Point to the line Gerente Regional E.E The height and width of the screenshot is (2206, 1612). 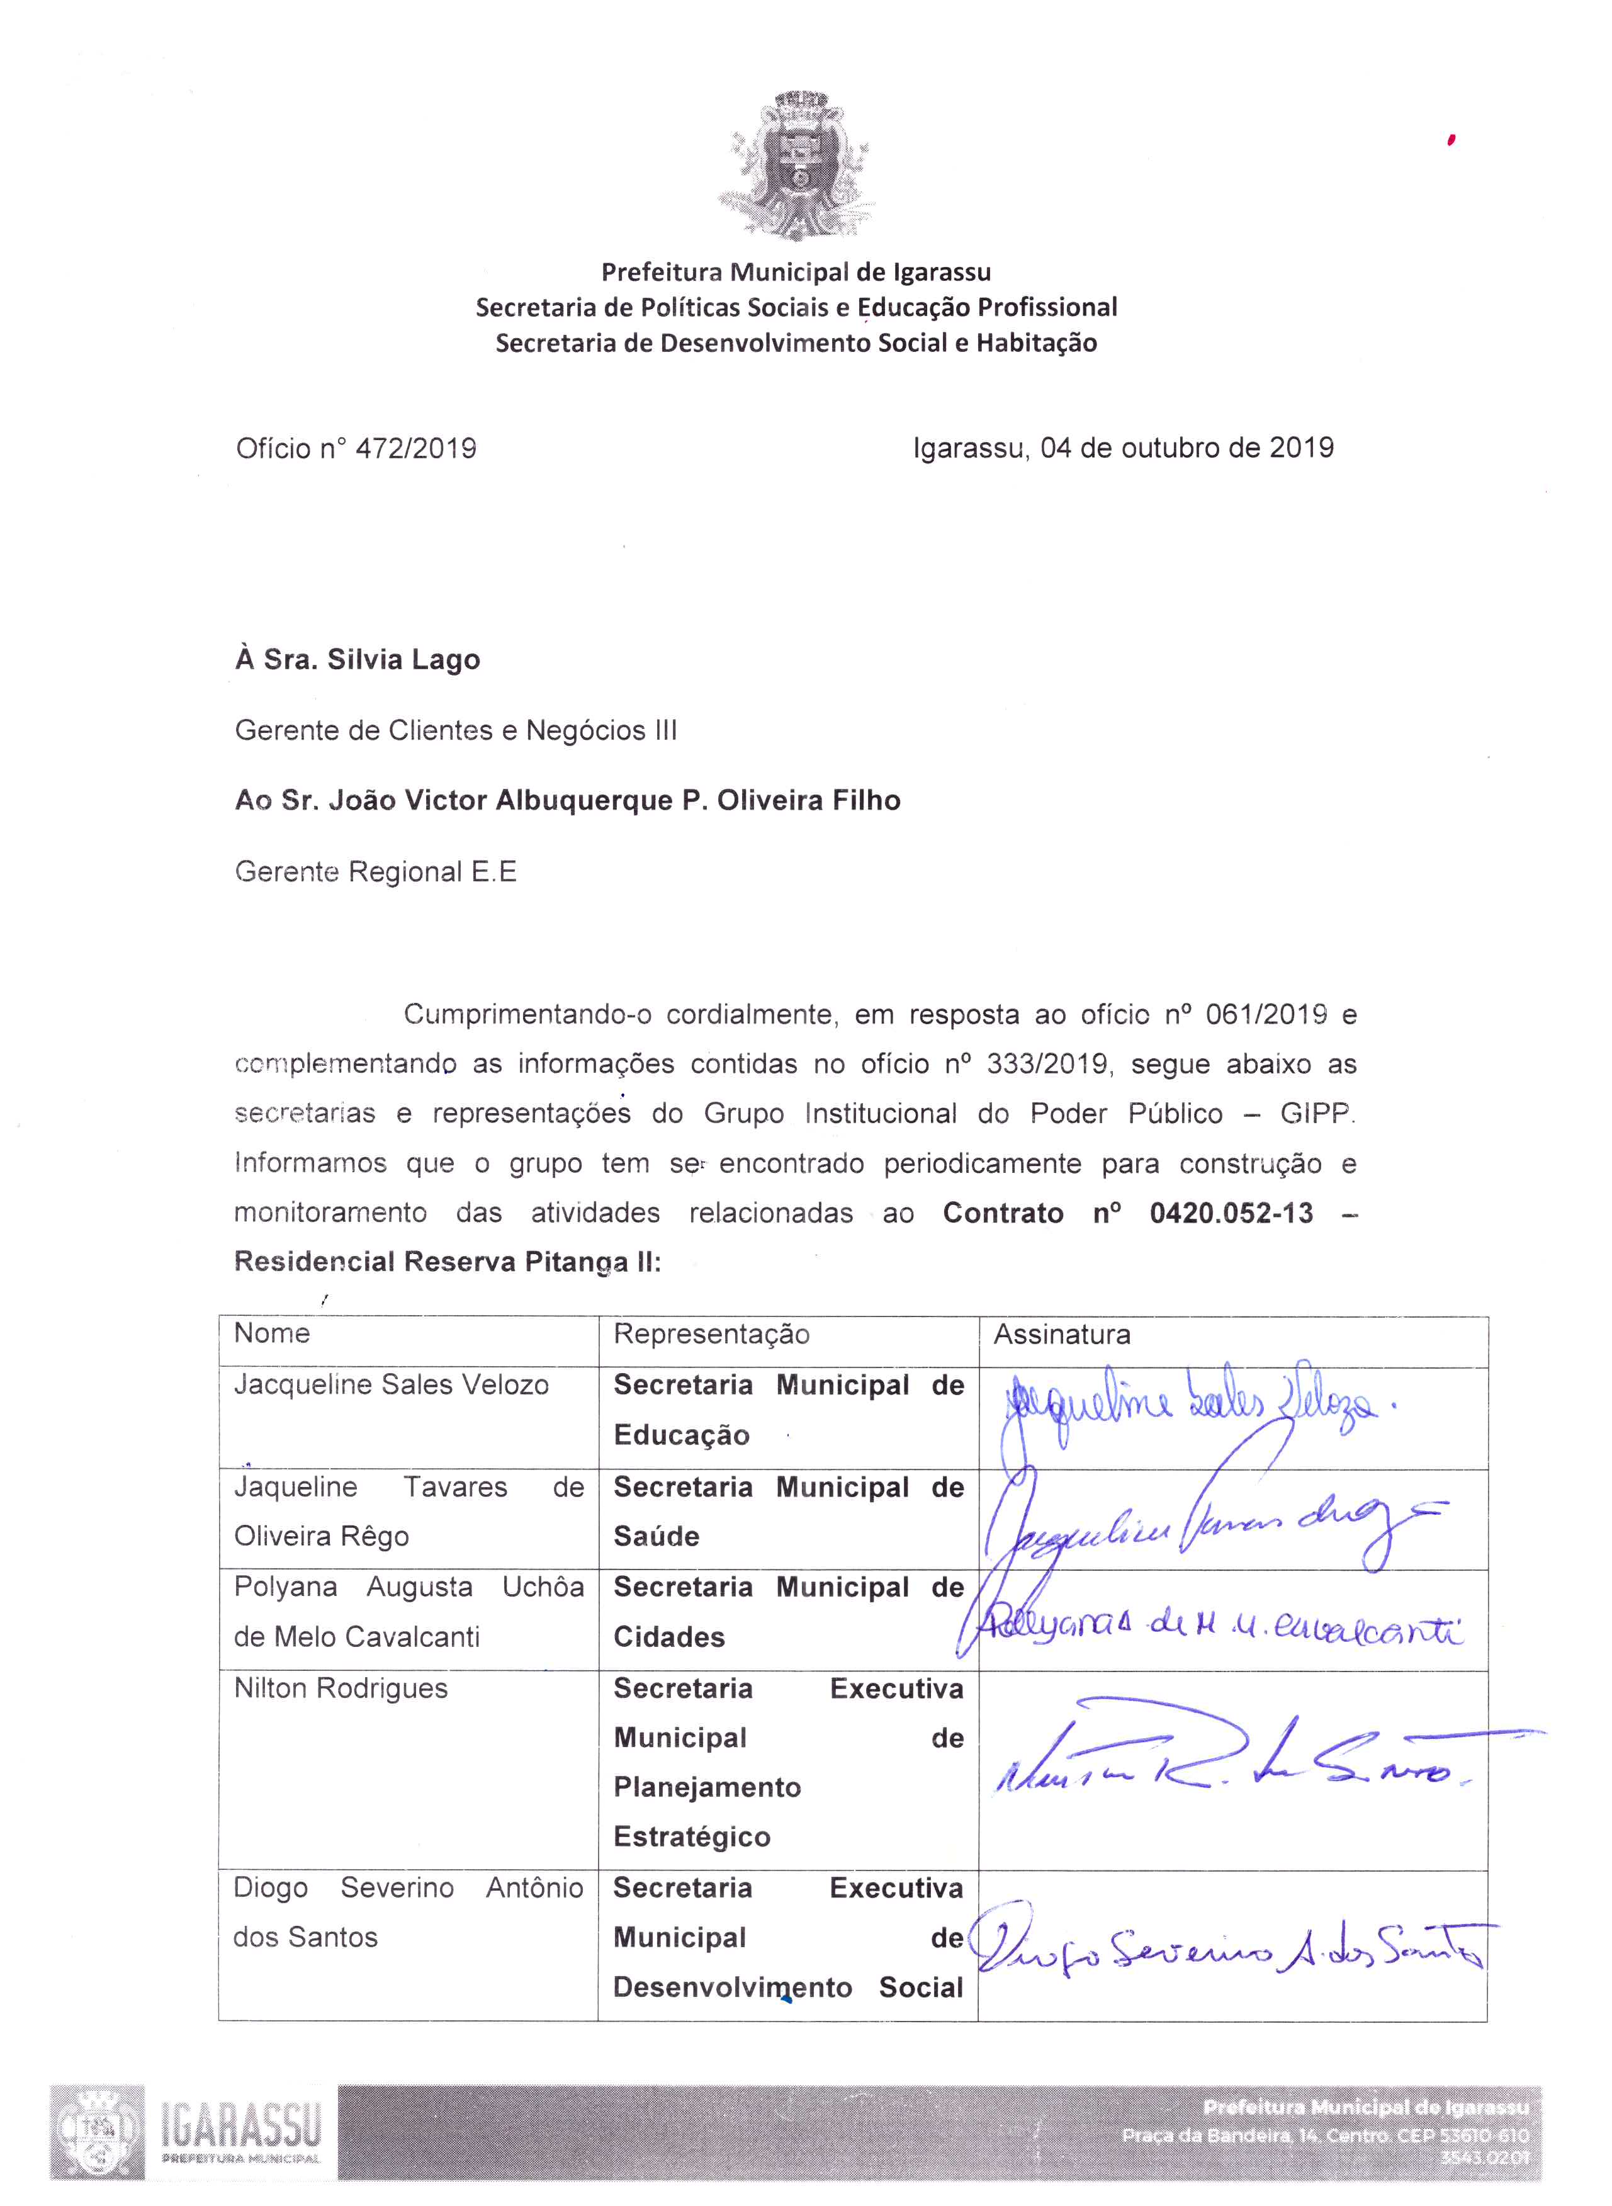point(376,872)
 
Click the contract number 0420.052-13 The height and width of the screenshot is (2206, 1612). point(1231,1213)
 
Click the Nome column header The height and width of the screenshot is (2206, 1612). point(273,1333)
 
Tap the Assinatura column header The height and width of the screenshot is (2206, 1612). point(1062,1334)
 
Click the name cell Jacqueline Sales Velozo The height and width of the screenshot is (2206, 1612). point(392,1384)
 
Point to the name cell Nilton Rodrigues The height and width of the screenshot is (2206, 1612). point(341,1688)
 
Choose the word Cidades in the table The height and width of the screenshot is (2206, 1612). point(668,1637)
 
